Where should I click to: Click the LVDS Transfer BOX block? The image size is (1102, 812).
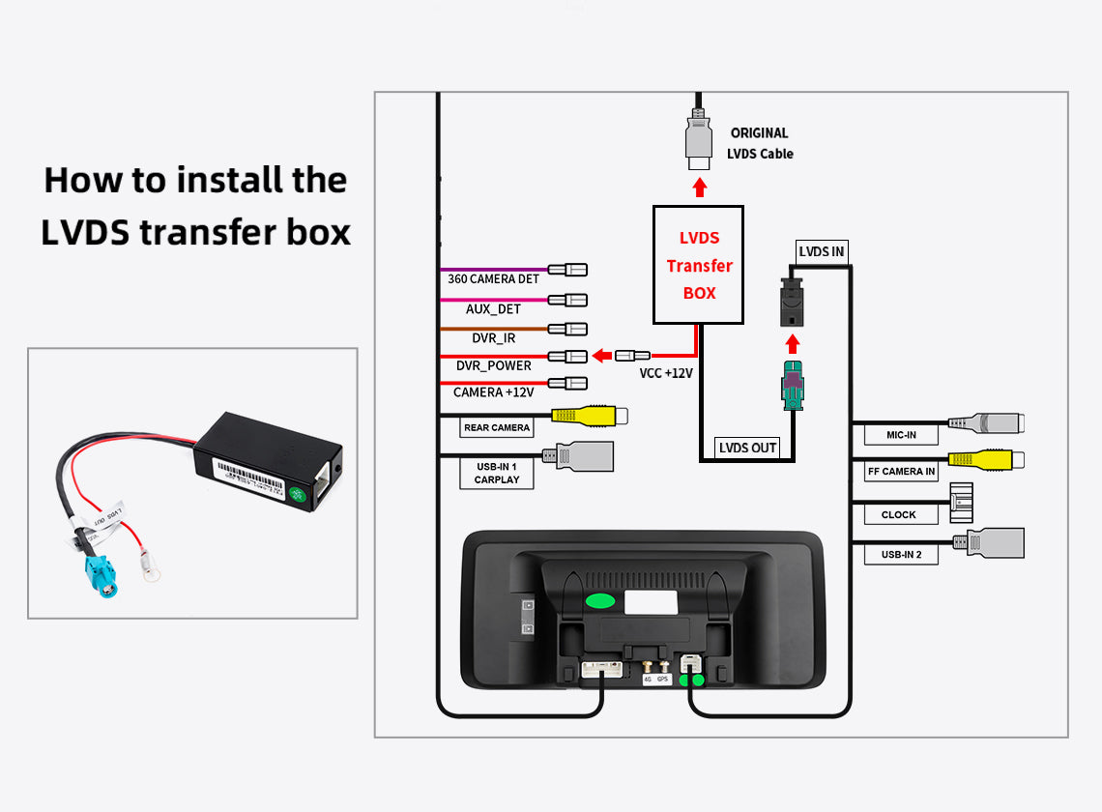pos(698,264)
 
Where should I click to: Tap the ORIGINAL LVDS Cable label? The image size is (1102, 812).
pos(760,143)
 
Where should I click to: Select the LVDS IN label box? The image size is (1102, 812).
pos(821,252)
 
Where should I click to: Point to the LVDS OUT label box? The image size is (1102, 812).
pos(747,448)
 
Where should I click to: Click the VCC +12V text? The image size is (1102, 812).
pos(666,373)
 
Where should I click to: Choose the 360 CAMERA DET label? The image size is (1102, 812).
pos(493,279)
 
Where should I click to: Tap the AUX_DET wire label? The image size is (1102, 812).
pos(493,309)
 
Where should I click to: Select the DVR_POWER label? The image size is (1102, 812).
pos(493,365)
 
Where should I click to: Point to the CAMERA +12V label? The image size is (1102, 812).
pos(493,392)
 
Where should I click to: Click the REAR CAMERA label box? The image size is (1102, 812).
pos(497,427)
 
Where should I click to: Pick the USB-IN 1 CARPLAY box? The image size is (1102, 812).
pos(497,473)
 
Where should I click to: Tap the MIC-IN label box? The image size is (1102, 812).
pos(900,435)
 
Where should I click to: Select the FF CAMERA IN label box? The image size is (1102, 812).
pos(901,472)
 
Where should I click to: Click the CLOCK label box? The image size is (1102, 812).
pos(898,514)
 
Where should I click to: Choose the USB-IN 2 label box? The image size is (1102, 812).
pos(901,554)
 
